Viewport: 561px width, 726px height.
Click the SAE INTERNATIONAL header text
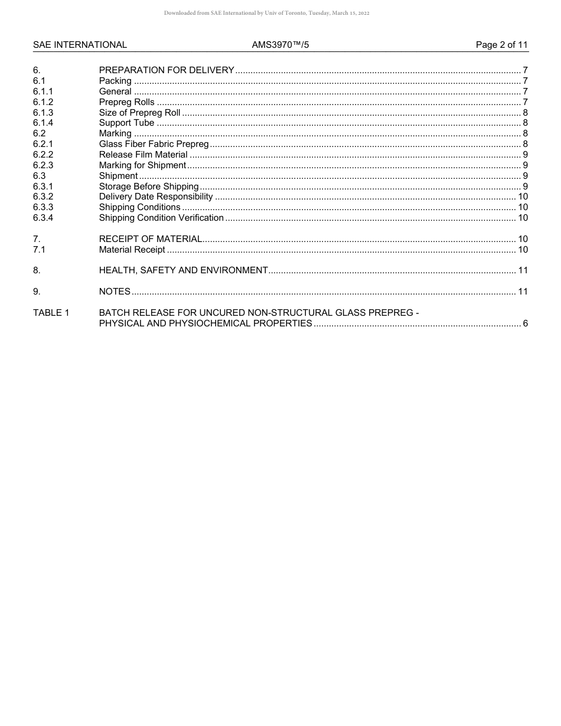click(80, 45)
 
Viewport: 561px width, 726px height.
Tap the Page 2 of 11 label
click(501, 45)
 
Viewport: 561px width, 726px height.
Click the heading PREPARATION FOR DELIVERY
click(167, 70)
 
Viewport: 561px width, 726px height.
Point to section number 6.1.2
click(43, 102)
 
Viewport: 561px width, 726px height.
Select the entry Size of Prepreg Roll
click(139, 113)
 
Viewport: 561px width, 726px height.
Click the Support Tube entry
click(126, 123)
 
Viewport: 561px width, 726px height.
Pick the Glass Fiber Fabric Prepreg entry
click(154, 144)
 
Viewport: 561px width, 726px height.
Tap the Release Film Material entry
click(143, 155)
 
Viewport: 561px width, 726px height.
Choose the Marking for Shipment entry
click(142, 165)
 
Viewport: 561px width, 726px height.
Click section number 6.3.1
click(43, 187)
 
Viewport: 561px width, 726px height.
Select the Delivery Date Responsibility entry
click(156, 197)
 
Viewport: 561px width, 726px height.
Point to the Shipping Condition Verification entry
click(161, 218)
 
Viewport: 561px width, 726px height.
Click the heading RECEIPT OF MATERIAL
click(151, 239)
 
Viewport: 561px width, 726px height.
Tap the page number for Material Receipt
click(522, 250)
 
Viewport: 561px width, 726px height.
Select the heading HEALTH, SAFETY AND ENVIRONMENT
click(183, 270)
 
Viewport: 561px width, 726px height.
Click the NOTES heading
click(115, 292)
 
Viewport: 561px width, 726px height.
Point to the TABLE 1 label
click(51, 313)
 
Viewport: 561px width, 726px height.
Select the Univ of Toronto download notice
click(267, 13)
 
